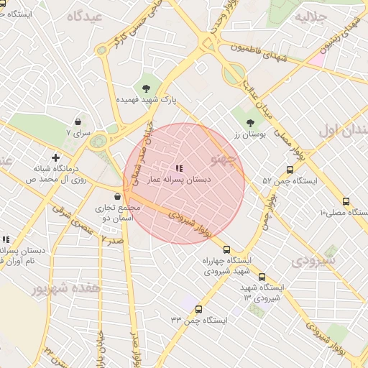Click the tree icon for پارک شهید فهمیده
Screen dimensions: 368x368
[147, 88]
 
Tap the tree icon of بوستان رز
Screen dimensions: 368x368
[250, 123]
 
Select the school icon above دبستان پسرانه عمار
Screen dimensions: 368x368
[179, 169]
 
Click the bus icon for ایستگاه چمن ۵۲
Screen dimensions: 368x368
[290, 170]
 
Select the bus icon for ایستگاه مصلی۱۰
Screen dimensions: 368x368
[346, 202]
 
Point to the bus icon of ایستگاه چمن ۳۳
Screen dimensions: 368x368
[199, 309]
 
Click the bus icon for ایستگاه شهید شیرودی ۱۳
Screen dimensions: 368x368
[261, 276]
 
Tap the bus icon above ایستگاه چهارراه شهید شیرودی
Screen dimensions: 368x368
[228, 250]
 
